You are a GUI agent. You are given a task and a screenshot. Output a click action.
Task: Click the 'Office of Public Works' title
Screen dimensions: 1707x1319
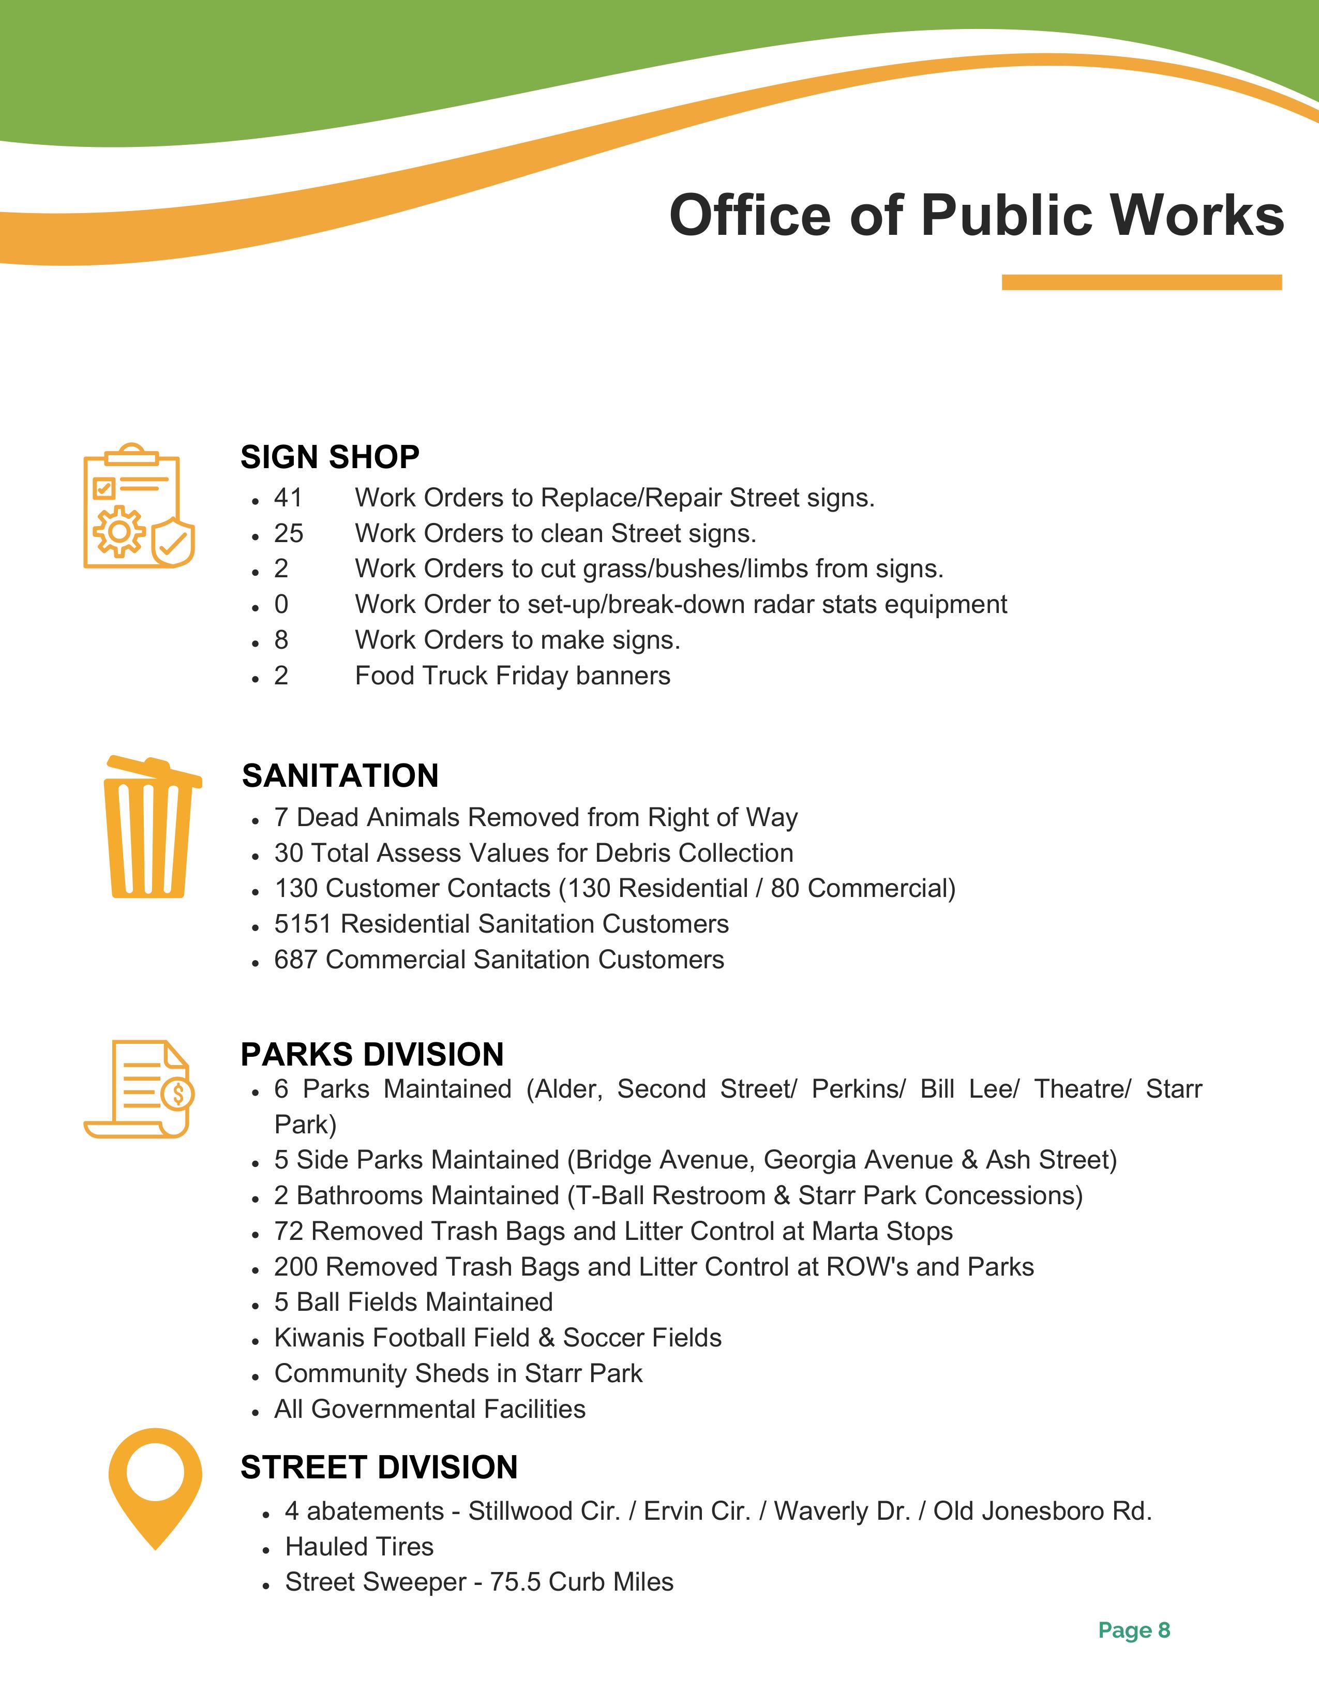(976, 215)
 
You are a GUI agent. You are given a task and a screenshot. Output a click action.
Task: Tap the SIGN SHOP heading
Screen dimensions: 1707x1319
(330, 457)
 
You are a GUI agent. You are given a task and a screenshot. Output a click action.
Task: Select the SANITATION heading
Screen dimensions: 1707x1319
(340, 776)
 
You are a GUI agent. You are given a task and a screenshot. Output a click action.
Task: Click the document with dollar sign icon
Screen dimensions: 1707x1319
(138, 1089)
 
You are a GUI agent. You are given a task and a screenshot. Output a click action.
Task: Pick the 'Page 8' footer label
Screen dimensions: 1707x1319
(1134, 1630)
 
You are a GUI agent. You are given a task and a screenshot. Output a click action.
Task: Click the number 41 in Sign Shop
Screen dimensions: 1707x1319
(288, 498)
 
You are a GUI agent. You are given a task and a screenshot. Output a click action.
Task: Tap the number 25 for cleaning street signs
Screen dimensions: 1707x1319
(288, 534)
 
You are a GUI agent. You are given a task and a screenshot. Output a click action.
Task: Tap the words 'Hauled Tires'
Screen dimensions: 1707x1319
(359, 1546)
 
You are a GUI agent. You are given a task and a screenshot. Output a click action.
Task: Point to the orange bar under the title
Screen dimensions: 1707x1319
(1142, 282)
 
